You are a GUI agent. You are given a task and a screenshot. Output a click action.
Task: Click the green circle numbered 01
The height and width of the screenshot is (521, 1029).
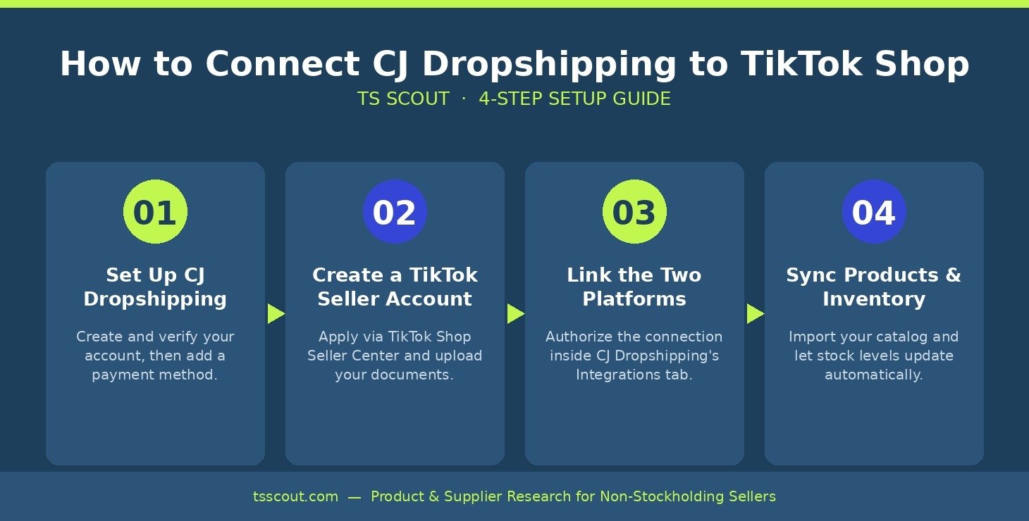(155, 212)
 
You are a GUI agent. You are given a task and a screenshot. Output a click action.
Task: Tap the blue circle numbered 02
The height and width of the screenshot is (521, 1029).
(395, 212)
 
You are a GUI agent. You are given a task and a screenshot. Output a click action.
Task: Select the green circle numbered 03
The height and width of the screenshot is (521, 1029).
(634, 212)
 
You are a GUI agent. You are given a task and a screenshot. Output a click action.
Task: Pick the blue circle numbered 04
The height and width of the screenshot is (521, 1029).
(874, 212)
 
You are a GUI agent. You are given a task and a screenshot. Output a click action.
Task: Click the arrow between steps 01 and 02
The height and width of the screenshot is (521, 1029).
(276, 313)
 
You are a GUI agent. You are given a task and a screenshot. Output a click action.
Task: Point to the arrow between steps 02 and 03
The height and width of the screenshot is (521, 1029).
(516, 313)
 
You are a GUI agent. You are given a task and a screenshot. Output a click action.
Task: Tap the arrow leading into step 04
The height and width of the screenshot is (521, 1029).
(756, 313)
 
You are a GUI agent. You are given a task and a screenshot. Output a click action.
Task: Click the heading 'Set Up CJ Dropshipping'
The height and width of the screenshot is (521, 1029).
(155, 287)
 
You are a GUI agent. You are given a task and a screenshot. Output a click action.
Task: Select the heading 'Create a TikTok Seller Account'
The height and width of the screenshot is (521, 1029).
(395, 287)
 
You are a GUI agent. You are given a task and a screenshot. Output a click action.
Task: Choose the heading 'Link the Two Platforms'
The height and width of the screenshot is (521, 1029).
(634, 287)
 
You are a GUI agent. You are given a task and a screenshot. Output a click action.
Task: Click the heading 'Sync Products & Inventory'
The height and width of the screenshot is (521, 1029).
(874, 287)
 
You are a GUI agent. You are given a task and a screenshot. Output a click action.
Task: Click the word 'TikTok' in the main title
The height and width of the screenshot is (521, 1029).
(801, 63)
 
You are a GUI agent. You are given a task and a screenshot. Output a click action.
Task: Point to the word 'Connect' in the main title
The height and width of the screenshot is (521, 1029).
(283, 63)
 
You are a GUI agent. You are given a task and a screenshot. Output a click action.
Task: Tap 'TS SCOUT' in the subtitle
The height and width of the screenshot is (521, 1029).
(403, 99)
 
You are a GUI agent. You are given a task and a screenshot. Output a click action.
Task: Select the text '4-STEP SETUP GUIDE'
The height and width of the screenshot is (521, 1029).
(574, 99)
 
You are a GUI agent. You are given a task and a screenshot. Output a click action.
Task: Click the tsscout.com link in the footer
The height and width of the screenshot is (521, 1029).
(295, 496)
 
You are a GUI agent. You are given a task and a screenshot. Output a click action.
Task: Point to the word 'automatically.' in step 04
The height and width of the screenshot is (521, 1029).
(874, 375)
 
